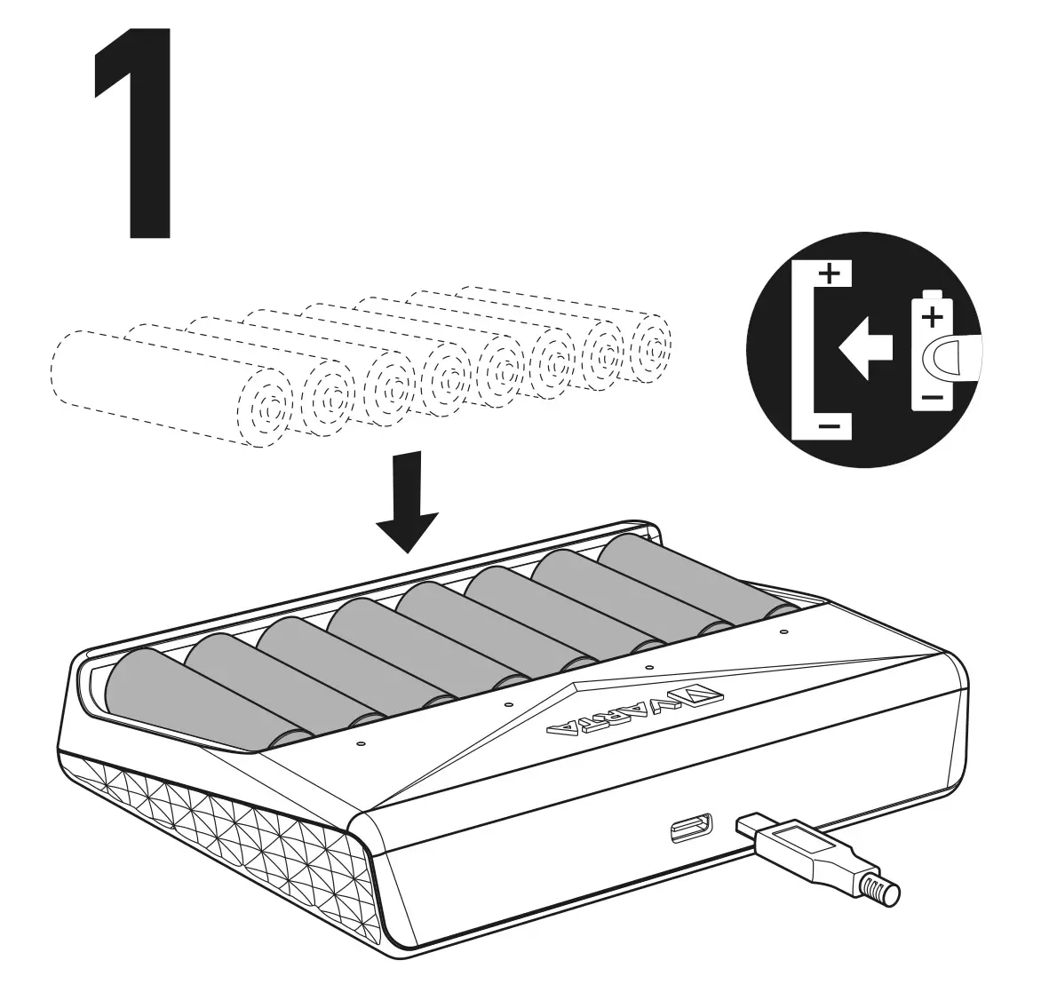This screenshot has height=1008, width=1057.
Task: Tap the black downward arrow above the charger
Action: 407,502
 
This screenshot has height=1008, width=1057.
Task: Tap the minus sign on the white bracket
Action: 828,427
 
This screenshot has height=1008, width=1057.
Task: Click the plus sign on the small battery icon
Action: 931,316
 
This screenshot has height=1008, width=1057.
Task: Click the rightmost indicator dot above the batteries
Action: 783,632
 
